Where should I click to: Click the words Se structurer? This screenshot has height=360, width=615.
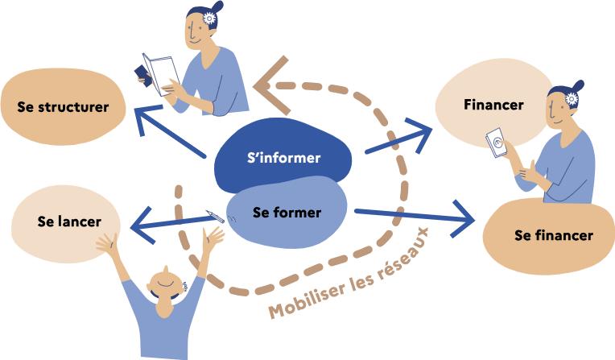point(63,107)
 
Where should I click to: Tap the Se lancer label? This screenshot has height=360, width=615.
point(69,221)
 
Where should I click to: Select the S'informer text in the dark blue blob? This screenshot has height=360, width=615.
point(284,157)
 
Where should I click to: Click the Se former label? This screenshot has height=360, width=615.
point(287,213)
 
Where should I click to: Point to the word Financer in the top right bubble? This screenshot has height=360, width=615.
point(493,105)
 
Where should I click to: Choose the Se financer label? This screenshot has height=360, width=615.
point(554,235)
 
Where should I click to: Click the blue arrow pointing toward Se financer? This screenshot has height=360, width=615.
point(415,217)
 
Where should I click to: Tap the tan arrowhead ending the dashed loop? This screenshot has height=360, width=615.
point(270,85)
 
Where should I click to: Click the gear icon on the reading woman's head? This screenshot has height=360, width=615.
point(209,19)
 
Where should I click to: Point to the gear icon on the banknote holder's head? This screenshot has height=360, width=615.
point(572,98)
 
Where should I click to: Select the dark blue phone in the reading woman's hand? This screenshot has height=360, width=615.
point(143,76)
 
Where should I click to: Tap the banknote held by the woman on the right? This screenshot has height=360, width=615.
point(496,143)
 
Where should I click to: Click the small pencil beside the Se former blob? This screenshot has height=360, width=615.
point(215,217)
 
